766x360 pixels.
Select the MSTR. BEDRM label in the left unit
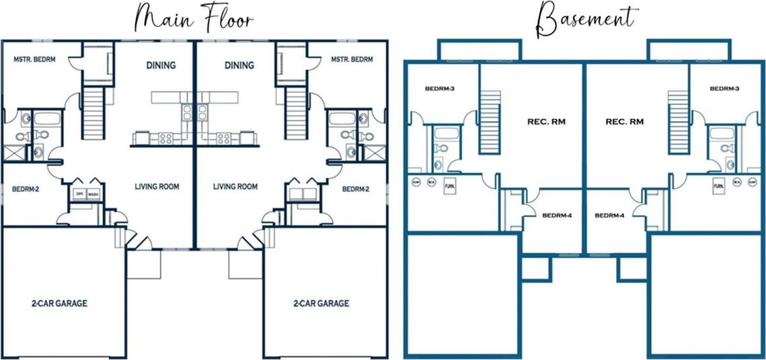[34, 59]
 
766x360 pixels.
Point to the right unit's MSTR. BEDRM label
[352, 59]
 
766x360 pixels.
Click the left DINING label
[161, 65]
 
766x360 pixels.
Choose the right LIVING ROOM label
[235, 186]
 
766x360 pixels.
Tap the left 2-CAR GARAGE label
[59, 303]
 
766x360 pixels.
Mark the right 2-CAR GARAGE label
[321, 303]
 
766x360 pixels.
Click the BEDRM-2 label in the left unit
[26, 190]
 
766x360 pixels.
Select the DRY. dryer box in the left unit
[79, 194]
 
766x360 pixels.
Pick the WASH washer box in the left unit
[92, 194]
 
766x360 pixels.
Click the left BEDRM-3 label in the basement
[441, 88]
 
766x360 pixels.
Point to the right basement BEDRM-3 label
[725, 88]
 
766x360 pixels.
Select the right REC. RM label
[624, 122]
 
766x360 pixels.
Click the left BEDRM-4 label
[558, 216]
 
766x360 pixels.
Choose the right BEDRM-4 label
[610, 216]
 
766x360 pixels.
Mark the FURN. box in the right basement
[718, 185]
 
